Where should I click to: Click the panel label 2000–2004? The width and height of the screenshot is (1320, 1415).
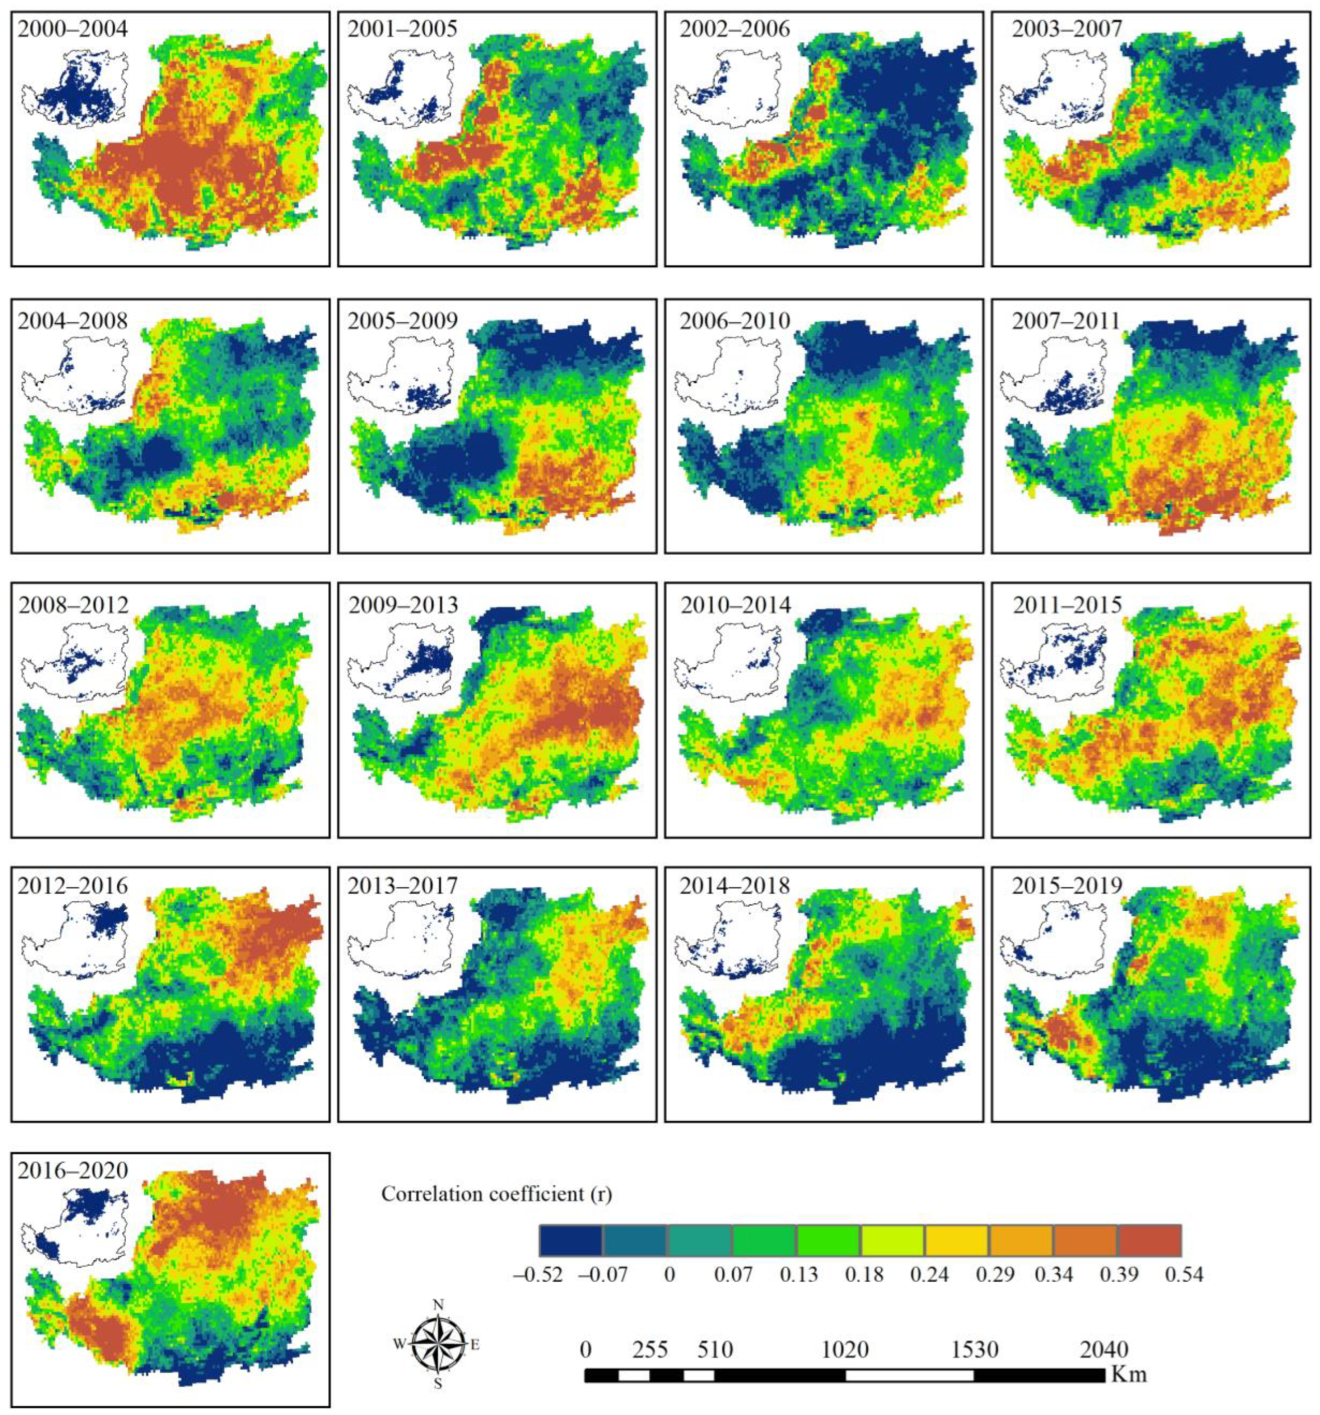(x=72, y=30)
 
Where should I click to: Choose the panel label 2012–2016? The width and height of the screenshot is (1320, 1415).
(x=72, y=887)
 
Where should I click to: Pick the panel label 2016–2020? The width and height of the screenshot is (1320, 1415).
(x=72, y=1171)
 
